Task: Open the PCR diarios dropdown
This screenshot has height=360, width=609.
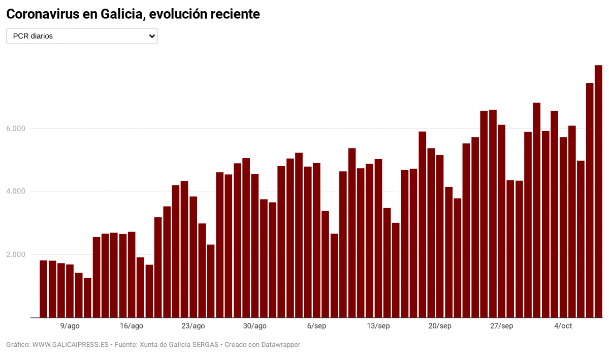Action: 81,36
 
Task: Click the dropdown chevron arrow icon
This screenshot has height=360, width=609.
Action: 151,36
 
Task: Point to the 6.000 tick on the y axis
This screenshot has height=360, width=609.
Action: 15,128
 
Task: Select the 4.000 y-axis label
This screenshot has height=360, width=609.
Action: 15,191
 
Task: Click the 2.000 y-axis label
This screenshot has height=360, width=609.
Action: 15,254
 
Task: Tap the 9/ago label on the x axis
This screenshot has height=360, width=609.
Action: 70,326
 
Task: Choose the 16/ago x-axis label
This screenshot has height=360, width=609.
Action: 132,326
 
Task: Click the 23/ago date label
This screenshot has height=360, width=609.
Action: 193,326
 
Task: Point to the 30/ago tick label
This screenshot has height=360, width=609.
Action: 254,326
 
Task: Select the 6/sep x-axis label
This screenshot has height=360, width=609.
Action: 316,326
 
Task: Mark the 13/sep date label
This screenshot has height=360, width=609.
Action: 378,326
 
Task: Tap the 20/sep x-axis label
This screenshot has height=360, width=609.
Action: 440,326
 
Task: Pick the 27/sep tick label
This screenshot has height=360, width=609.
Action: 501,326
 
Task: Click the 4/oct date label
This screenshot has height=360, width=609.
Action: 563,326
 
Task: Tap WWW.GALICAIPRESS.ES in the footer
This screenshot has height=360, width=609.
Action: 70,345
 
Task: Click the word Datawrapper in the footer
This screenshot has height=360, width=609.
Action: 279,345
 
